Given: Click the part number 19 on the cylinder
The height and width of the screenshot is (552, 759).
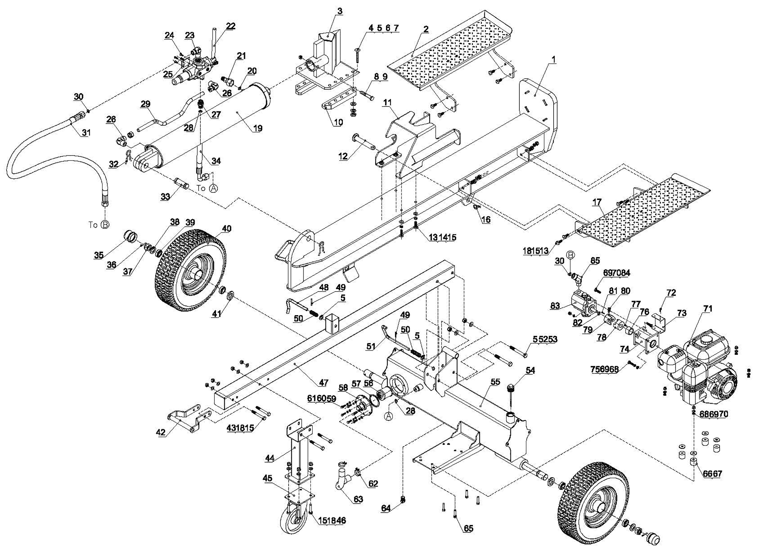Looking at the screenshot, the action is (258, 128).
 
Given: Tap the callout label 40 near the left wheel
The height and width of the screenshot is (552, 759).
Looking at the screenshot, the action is (227, 229).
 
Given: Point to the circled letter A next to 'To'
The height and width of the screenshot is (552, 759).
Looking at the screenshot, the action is (213, 188).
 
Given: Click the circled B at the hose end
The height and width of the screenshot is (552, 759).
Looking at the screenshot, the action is (105, 224).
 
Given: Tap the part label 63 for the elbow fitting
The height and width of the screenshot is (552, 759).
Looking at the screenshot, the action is (358, 499).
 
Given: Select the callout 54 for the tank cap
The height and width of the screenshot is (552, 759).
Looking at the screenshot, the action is (530, 370).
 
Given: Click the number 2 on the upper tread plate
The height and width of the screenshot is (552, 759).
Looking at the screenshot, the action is (425, 29).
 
